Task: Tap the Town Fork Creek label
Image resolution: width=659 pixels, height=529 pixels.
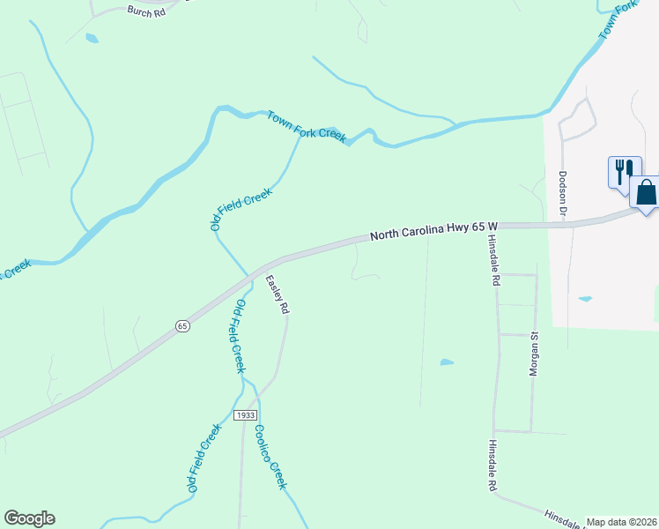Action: (x=307, y=126)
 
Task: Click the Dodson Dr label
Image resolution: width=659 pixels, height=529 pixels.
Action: (x=562, y=195)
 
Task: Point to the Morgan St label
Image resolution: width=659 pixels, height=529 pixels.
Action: (x=533, y=354)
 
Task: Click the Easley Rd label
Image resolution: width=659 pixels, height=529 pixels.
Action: (x=278, y=294)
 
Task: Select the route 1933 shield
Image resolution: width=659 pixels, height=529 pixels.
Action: (x=246, y=414)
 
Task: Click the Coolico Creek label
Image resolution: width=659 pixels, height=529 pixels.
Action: (x=270, y=457)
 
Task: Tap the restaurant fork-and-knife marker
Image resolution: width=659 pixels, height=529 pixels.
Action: (x=625, y=169)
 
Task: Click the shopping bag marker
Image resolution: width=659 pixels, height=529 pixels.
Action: (x=646, y=191)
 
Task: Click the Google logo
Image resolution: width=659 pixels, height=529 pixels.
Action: (x=29, y=518)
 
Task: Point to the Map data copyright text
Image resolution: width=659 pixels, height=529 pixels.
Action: (x=621, y=522)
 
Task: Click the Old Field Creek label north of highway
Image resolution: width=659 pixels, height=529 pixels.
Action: (x=241, y=210)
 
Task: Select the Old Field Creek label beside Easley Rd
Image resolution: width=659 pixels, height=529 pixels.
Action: (x=238, y=336)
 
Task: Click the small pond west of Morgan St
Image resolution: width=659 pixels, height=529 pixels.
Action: (x=447, y=361)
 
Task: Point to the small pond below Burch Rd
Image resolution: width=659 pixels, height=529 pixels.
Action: (x=92, y=38)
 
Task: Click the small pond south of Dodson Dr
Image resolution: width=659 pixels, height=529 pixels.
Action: (x=585, y=299)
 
